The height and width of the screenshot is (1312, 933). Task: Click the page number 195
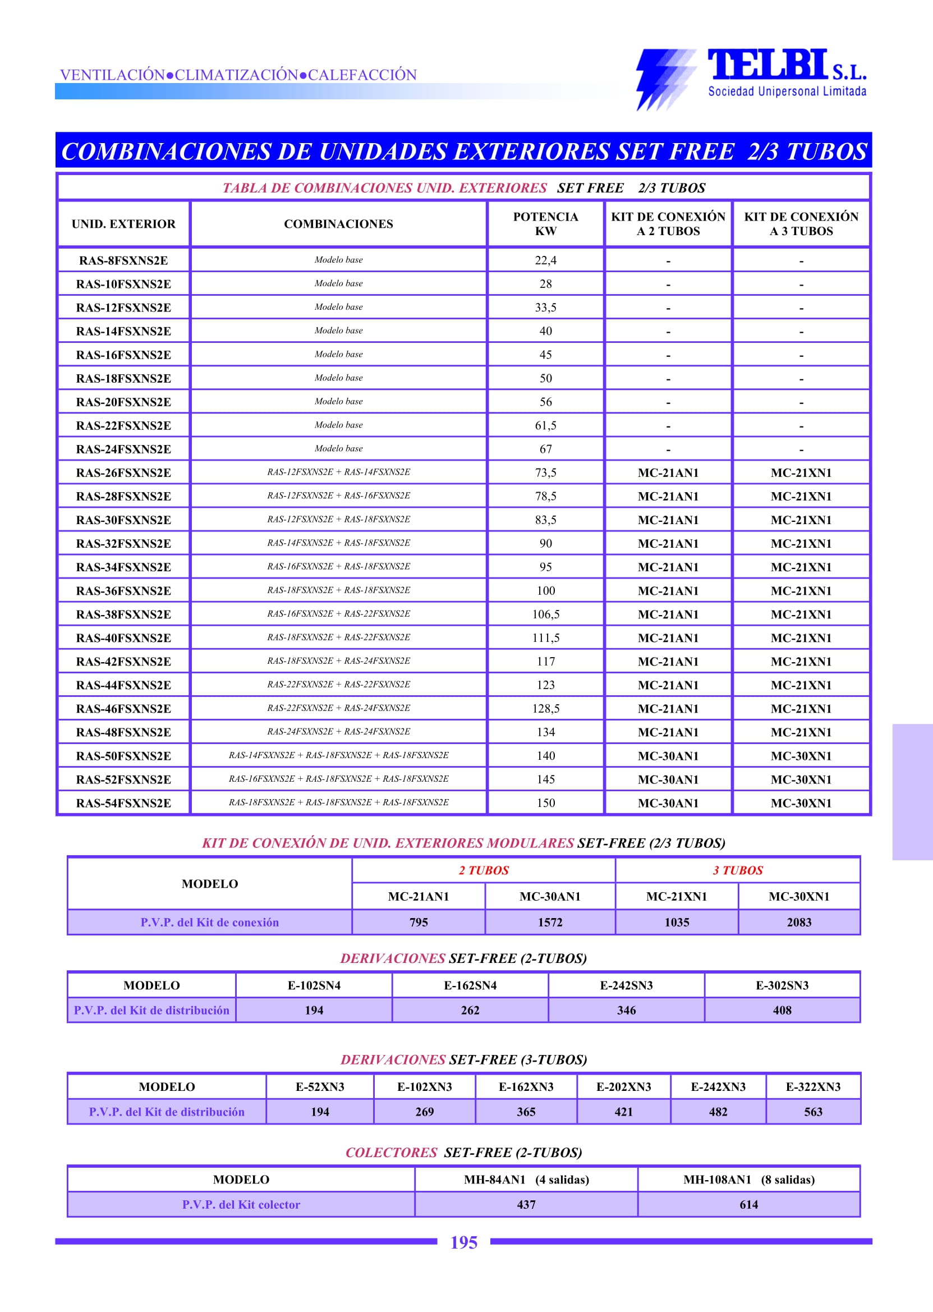pyautogui.click(x=463, y=1242)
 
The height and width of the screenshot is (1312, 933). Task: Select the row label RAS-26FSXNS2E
pyautogui.click(x=123, y=472)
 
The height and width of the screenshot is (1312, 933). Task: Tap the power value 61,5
pyautogui.click(x=545, y=425)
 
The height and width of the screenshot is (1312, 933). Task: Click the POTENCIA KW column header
pyautogui.click(x=545, y=223)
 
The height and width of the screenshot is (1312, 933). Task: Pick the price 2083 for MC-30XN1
pyautogui.click(x=798, y=922)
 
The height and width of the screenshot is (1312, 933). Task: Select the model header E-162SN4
pyautogui.click(x=470, y=985)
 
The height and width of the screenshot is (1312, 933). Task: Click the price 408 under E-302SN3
pyautogui.click(x=782, y=1010)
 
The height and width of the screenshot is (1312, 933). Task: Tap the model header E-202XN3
pyautogui.click(x=623, y=1086)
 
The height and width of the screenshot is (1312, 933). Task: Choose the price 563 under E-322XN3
pyautogui.click(x=813, y=1112)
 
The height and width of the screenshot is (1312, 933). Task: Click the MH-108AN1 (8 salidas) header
pyautogui.click(x=748, y=1179)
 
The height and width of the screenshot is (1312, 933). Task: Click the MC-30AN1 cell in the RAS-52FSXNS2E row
pyautogui.click(x=668, y=779)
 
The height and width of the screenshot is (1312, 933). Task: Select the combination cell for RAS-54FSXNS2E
pyautogui.click(x=338, y=802)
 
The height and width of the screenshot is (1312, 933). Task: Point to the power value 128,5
pyautogui.click(x=545, y=709)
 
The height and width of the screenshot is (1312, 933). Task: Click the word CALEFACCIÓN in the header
pyautogui.click(x=362, y=75)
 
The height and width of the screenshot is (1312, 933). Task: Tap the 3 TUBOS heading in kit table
pyautogui.click(x=738, y=870)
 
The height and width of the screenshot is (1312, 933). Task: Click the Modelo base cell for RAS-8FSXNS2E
pyautogui.click(x=338, y=260)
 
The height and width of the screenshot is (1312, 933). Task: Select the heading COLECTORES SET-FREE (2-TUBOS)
pyautogui.click(x=463, y=1152)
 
